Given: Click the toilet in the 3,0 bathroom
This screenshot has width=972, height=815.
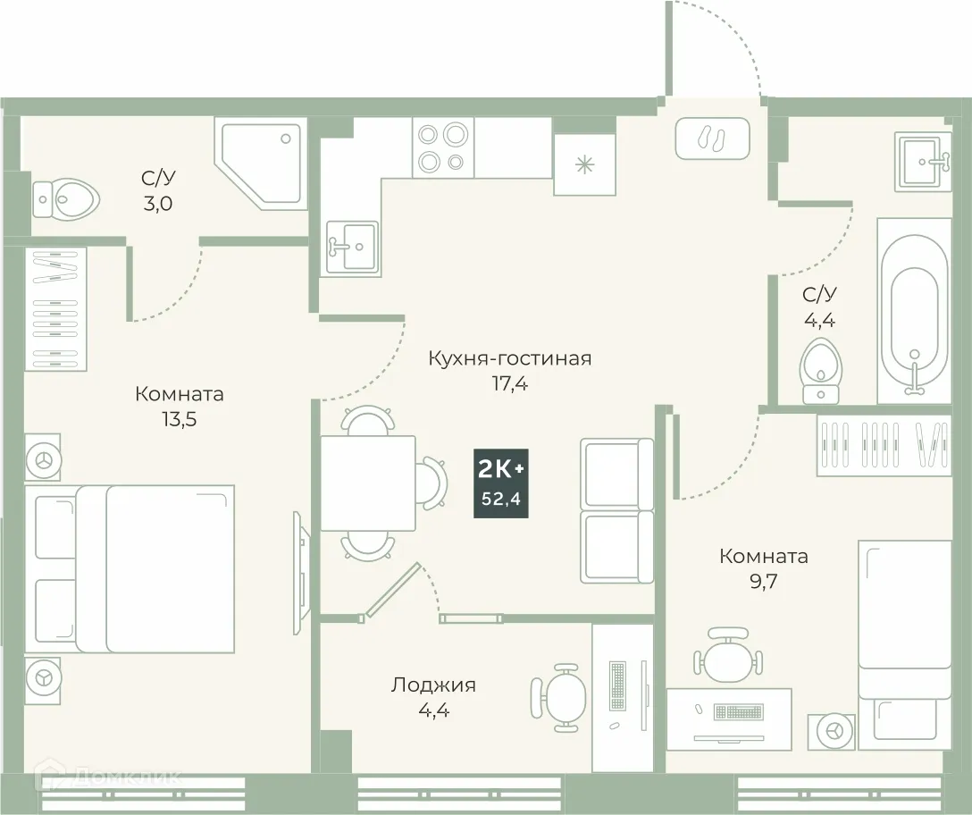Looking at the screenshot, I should pyautogui.click(x=64, y=198).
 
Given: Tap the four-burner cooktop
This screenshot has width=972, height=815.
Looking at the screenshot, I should pyautogui.click(x=443, y=147).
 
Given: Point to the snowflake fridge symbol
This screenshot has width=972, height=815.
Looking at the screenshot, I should pyautogui.click(x=584, y=164).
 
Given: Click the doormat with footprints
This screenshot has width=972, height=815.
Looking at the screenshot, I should pyautogui.click(x=712, y=139).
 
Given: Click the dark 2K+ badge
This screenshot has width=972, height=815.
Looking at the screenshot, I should pyautogui.click(x=501, y=483).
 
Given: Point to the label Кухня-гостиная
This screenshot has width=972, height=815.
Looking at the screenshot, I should pyautogui.click(x=509, y=358).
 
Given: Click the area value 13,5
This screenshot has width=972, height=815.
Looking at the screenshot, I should pyautogui.click(x=180, y=420).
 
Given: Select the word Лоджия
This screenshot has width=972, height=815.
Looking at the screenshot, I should pyautogui.click(x=433, y=685).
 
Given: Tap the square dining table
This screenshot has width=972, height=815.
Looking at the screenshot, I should pyautogui.click(x=367, y=483).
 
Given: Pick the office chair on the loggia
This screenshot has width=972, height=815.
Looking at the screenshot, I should pyautogui.click(x=561, y=693).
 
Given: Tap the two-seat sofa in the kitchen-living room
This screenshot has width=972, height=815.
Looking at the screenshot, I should pyautogui.click(x=616, y=510).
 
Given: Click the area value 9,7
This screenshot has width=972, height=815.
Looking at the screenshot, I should pyautogui.click(x=764, y=582).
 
